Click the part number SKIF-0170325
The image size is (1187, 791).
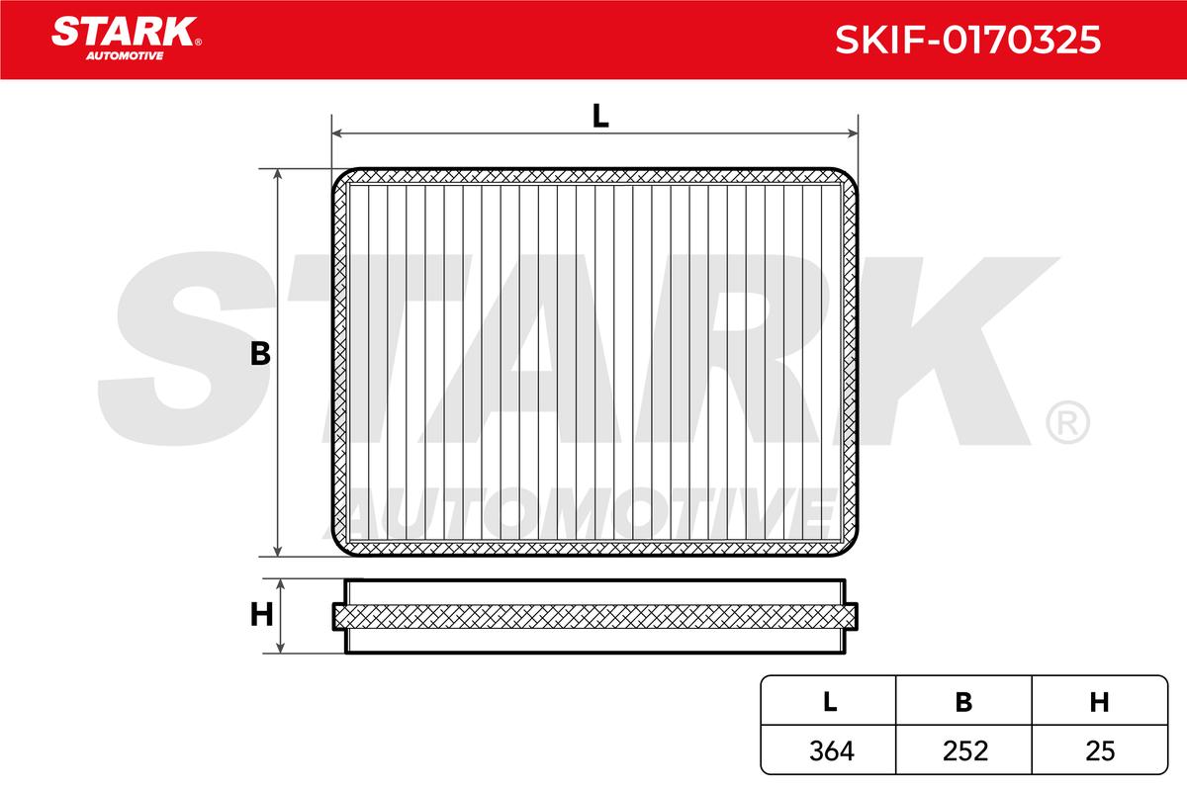(968, 40)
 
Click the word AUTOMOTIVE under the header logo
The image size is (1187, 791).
(125, 55)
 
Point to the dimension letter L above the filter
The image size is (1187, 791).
(599, 116)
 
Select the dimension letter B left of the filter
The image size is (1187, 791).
(260, 354)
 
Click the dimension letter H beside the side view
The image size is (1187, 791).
(261, 615)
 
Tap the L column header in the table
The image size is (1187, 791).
(830, 702)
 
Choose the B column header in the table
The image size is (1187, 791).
(963, 702)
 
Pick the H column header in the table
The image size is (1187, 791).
(1099, 702)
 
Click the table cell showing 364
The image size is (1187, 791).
(832, 750)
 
